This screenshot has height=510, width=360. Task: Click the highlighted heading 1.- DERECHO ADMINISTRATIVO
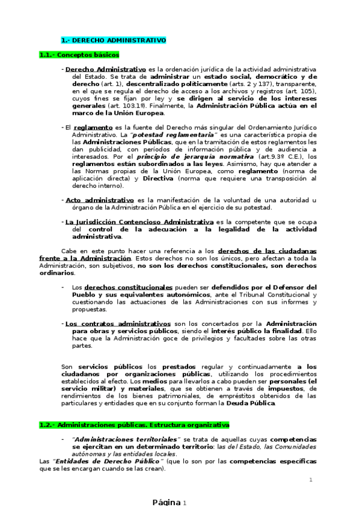pyautogui.click(x=114, y=40)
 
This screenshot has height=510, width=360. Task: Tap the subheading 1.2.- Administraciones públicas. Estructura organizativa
pyautogui.click(x=134, y=425)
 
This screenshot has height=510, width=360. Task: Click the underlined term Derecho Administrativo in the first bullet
pyautogui.click(x=105, y=69)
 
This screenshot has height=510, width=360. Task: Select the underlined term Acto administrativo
pyautogui.click(x=99, y=199)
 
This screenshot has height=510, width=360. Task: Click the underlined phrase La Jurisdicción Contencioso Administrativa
pyautogui.click(x=139, y=222)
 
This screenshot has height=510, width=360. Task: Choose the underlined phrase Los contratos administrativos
pyautogui.click(x=117, y=324)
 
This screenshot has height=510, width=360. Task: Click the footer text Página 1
pyautogui.click(x=169, y=502)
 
